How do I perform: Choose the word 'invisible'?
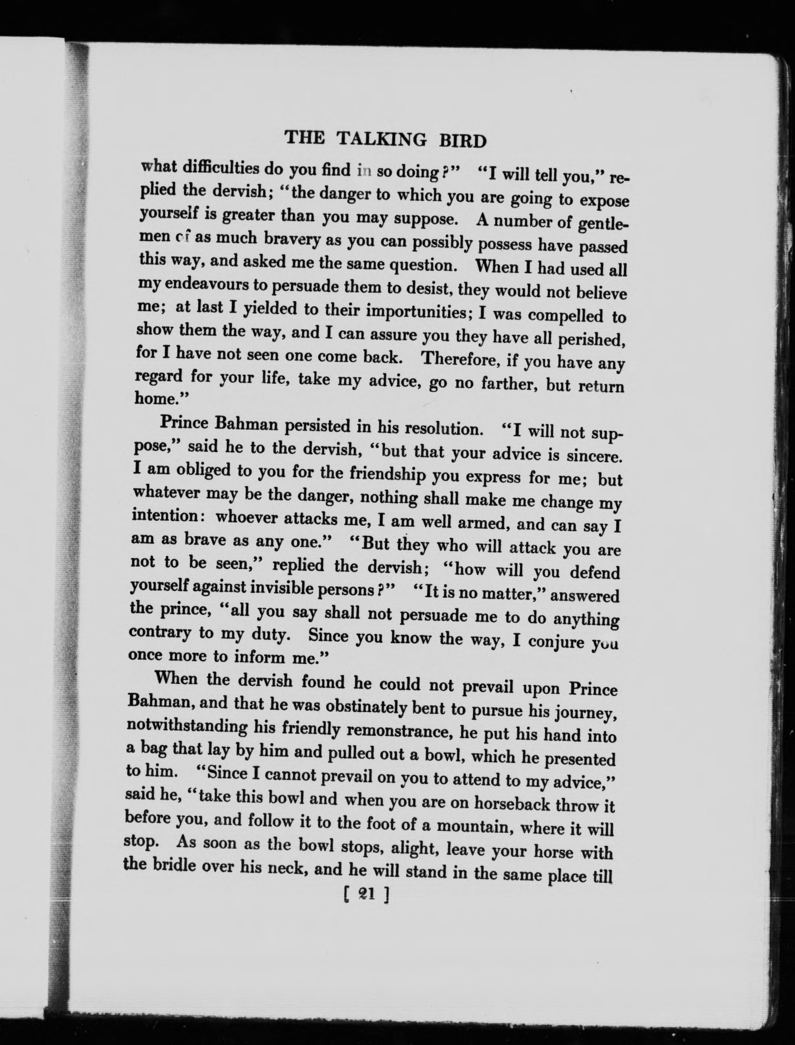tap(274, 589)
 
